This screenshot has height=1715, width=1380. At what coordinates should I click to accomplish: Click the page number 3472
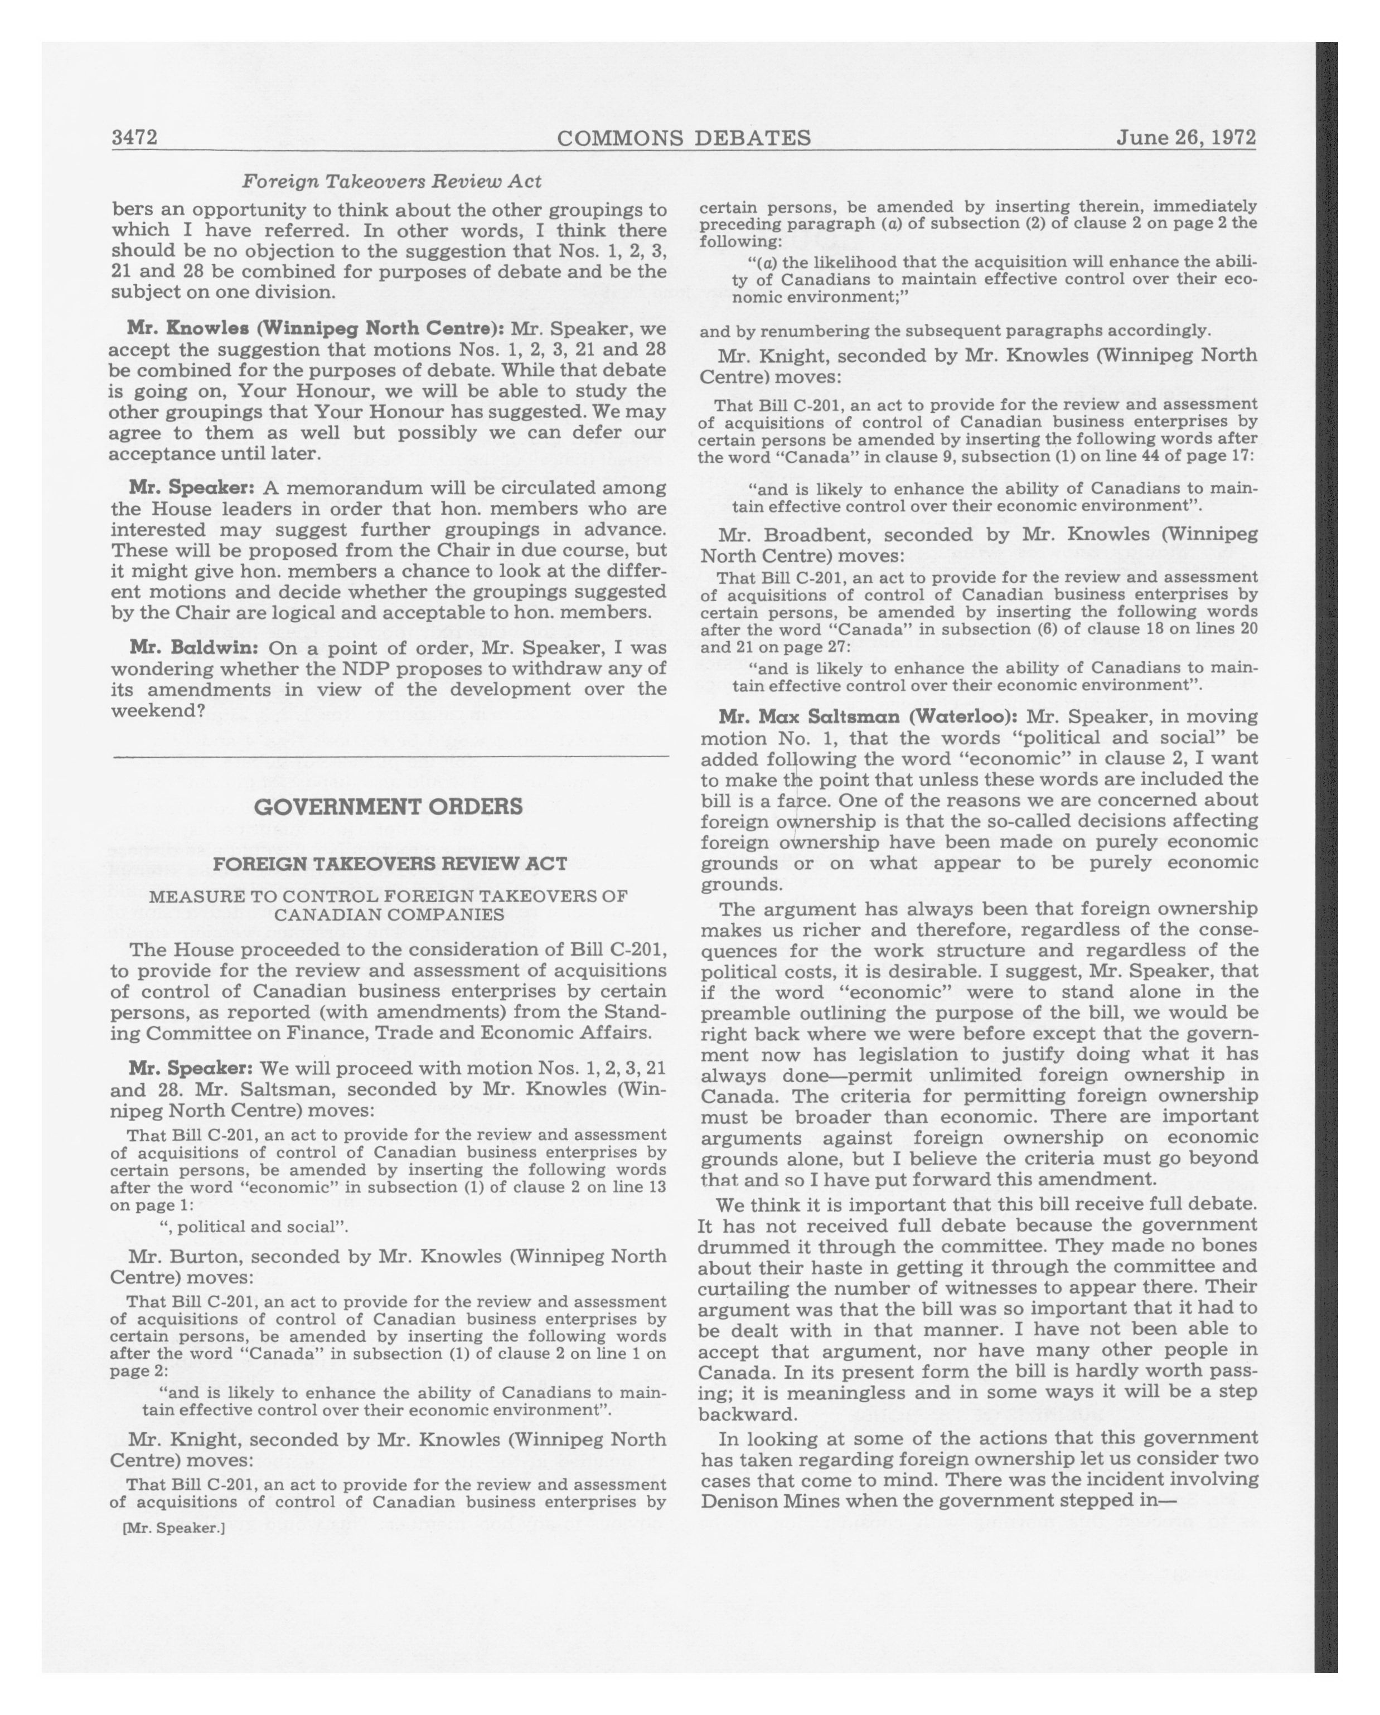coord(134,138)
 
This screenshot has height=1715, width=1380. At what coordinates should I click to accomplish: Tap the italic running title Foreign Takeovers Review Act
coord(391,181)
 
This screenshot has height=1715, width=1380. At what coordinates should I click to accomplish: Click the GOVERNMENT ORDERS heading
coord(388,807)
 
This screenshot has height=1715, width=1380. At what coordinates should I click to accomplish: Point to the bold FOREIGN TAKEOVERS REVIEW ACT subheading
coord(390,864)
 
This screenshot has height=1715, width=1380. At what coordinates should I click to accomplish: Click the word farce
coord(802,800)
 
